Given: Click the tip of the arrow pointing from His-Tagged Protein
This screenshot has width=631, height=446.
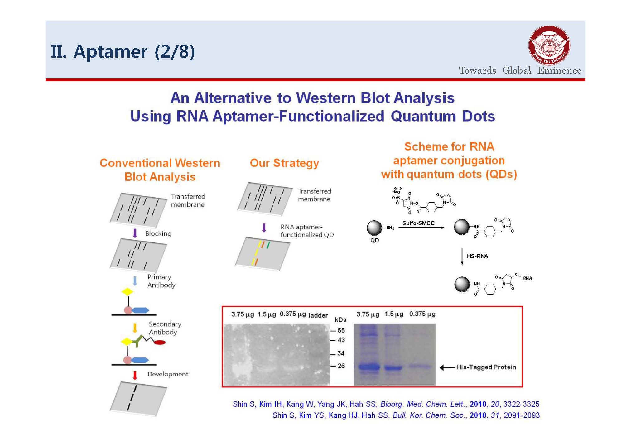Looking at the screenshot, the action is [x=440, y=368].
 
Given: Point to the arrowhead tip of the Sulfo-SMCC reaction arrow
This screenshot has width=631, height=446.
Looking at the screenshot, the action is [x=446, y=228].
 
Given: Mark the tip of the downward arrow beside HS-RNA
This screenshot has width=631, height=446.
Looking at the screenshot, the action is [x=462, y=266].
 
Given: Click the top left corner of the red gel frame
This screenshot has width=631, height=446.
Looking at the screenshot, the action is [x=222, y=307].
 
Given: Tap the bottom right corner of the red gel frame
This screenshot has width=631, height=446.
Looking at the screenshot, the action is [x=523, y=387].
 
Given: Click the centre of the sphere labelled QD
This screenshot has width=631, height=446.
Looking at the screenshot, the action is [x=374, y=228].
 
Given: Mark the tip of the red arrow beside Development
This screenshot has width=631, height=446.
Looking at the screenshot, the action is [x=135, y=380].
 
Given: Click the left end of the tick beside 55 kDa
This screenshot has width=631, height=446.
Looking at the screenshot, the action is [x=330, y=331].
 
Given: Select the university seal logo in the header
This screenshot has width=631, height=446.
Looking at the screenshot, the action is [x=549, y=46].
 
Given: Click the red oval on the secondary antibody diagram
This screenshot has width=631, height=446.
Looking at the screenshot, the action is [x=160, y=343].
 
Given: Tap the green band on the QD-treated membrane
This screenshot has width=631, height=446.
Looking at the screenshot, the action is [x=268, y=245].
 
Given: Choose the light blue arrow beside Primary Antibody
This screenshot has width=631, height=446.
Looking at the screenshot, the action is [x=135, y=281].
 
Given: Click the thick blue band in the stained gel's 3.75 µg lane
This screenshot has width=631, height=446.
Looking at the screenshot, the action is [x=369, y=367].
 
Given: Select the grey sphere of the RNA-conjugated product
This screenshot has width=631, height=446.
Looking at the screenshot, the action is [x=462, y=284].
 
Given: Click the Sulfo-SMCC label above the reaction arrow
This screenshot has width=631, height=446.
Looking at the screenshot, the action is [x=418, y=223].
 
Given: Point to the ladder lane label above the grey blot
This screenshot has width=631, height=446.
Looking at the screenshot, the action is [x=318, y=315].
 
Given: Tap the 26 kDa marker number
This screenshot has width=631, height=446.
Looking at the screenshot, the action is [x=341, y=366].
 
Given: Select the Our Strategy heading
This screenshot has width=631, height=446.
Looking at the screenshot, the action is [x=284, y=163].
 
